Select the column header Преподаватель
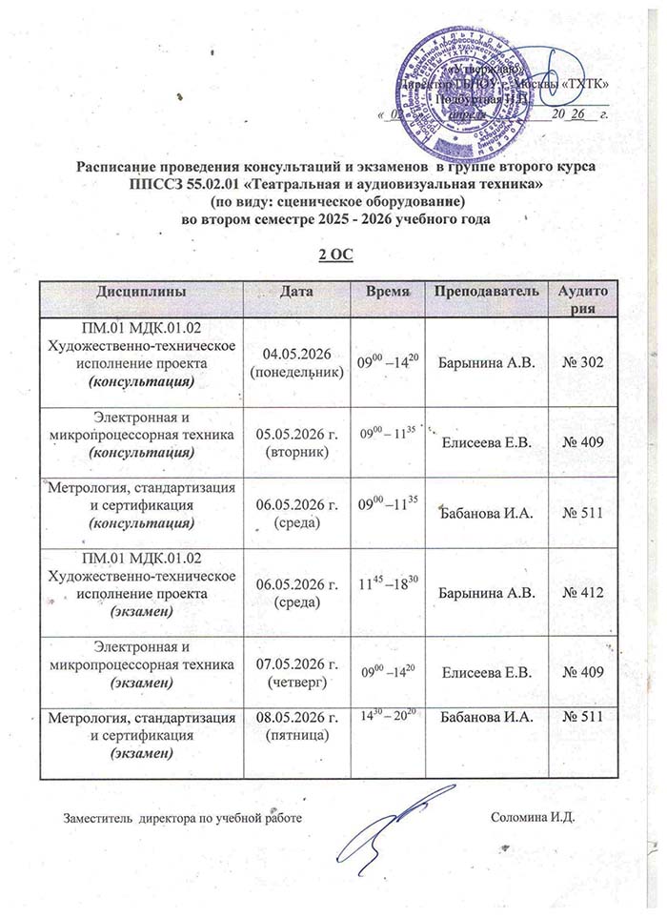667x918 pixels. point(487,289)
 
